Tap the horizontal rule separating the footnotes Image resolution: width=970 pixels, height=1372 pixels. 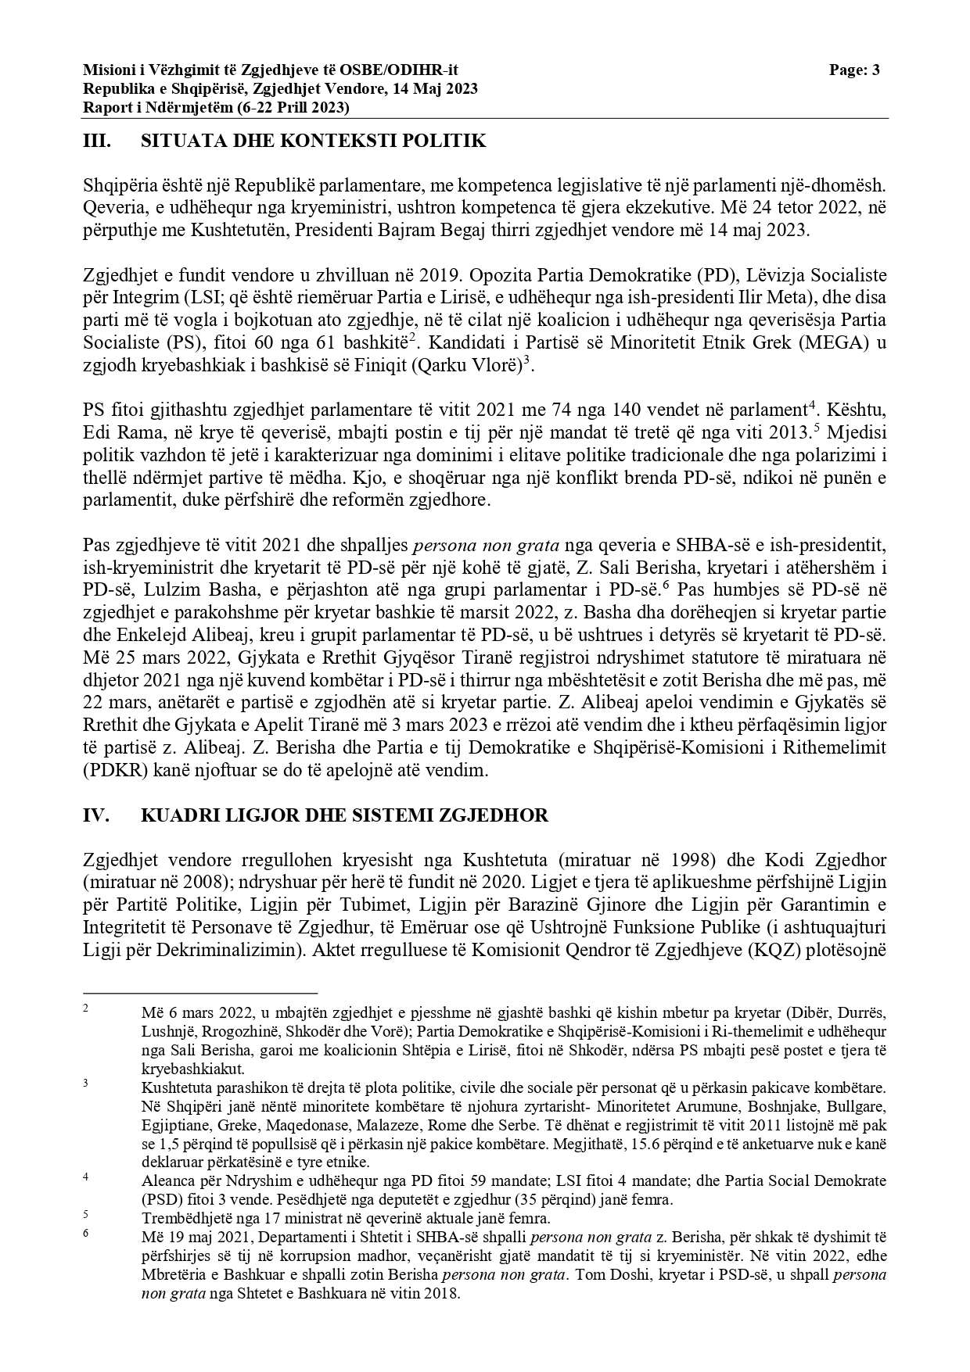[x=200, y=992]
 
